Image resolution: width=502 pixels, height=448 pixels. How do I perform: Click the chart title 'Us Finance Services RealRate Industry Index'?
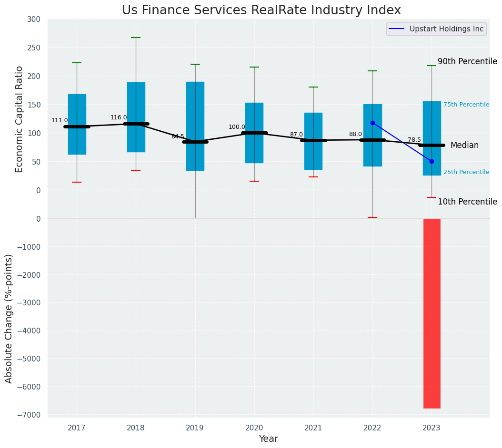[261, 10]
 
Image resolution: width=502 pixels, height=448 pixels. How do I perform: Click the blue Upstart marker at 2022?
[372, 123]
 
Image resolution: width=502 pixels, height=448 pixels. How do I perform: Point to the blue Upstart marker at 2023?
[432, 162]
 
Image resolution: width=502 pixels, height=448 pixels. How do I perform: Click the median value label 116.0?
[119, 117]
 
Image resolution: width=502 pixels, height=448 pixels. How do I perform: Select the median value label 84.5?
[178, 136]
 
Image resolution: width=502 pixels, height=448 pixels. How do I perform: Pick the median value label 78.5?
[414, 140]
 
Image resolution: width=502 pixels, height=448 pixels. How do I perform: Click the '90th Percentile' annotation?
[467, 61]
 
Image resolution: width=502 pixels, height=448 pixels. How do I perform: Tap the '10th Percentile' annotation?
[467, 202]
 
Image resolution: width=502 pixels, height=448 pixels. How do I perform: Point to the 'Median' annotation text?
[464, 145]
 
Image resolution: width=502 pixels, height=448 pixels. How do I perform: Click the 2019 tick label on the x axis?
[195, 428]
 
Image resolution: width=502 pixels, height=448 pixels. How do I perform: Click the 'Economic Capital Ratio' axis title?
[19, 119]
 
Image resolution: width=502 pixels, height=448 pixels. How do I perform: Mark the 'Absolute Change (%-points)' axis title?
[9, 318]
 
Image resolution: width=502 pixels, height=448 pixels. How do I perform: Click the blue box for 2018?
[136, 117]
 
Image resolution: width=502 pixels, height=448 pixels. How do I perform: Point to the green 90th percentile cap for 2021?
[313, 87]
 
